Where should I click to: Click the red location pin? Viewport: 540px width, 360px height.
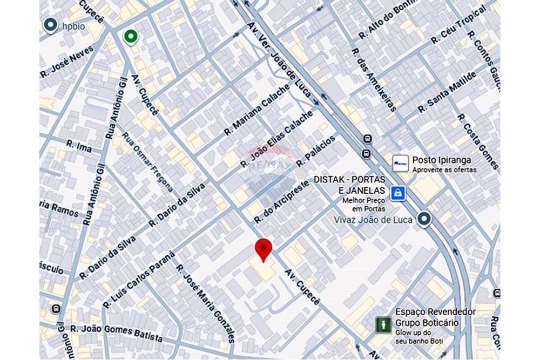click(263, 249)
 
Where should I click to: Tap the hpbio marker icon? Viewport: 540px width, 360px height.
click(50, 25)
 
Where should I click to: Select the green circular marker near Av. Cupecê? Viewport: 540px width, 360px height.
click(130, 36)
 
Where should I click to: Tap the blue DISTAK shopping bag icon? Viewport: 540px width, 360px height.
click(398, 192)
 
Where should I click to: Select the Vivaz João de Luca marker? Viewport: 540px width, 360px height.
click(425, 219)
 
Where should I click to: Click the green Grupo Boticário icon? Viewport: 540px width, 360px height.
click(383, 324)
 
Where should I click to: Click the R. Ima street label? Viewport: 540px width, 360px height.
click(79, 145)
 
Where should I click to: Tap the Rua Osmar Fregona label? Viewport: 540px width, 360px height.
click(147, 162)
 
